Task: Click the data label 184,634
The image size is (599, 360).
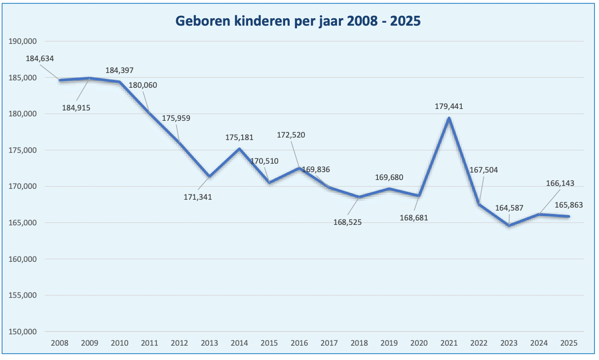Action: [40, 58]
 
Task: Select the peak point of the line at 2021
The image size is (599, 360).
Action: [449, 118]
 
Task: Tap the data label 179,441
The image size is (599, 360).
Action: [449, 106]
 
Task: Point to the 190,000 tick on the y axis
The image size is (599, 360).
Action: [23, 41]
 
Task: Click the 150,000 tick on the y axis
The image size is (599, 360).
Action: [23, 332]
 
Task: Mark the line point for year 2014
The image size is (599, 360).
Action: [239, 148]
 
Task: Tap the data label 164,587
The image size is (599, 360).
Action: [510, 208]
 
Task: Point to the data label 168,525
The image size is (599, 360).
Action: [348, 222]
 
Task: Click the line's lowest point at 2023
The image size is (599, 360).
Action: [509, 226]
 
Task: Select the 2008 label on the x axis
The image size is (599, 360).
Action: [60, 343]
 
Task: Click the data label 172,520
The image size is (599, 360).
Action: [291, 135]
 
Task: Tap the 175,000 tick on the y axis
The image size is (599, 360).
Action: [23, 150]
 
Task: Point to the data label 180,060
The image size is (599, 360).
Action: [143, 85]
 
